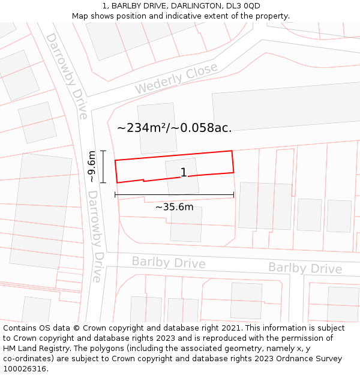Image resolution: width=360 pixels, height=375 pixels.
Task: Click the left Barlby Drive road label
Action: (169, 262)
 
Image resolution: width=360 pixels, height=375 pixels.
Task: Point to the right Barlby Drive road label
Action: (305, 268)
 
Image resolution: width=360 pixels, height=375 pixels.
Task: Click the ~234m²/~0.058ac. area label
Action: (174, 127)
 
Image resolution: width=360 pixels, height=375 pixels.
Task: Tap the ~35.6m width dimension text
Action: (174, 207)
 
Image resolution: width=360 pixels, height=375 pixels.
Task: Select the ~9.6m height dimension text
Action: (91, 167)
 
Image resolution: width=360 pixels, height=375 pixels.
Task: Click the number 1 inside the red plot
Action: (184, 173)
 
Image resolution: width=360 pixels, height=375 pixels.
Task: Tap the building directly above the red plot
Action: (157, 128)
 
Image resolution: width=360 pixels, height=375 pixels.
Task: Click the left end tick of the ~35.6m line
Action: (115, 194)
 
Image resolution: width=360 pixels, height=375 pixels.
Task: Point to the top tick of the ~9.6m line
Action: (103, 151)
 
